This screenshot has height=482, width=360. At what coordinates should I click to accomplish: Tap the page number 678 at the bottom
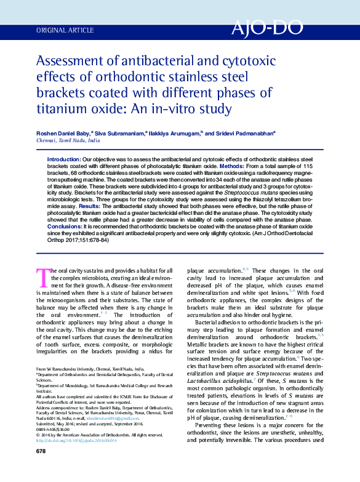tap(41, 468)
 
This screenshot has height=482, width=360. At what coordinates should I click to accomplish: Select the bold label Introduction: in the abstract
tap(64, 159)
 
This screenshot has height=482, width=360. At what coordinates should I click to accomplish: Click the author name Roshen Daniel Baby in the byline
tap(63, 132)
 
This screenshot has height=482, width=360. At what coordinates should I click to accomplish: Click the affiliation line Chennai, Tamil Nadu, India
tap(68, 140)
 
